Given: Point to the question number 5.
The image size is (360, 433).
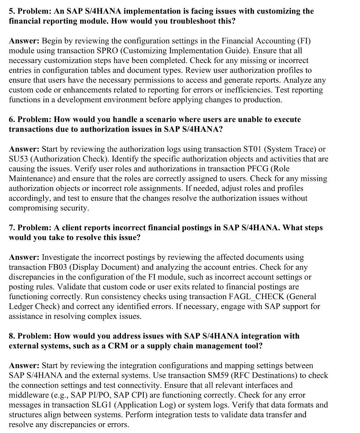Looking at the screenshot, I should [x=11, y=11].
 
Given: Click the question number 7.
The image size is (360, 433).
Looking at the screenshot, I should [x=11, y=228].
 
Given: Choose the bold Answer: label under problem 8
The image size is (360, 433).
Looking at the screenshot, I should [x=24, y=365].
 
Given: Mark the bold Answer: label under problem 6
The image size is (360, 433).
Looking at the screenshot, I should [x=24, y=149].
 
